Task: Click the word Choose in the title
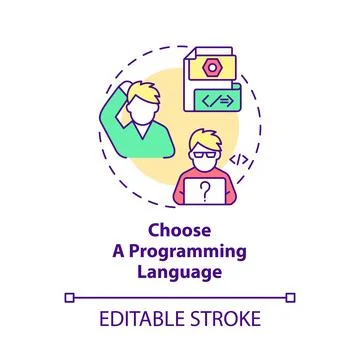179,227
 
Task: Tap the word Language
179,271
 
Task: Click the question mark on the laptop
205,188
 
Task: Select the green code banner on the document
219,102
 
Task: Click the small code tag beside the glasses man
240,159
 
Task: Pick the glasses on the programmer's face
205,151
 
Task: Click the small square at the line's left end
69,297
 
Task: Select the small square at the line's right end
290,297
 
